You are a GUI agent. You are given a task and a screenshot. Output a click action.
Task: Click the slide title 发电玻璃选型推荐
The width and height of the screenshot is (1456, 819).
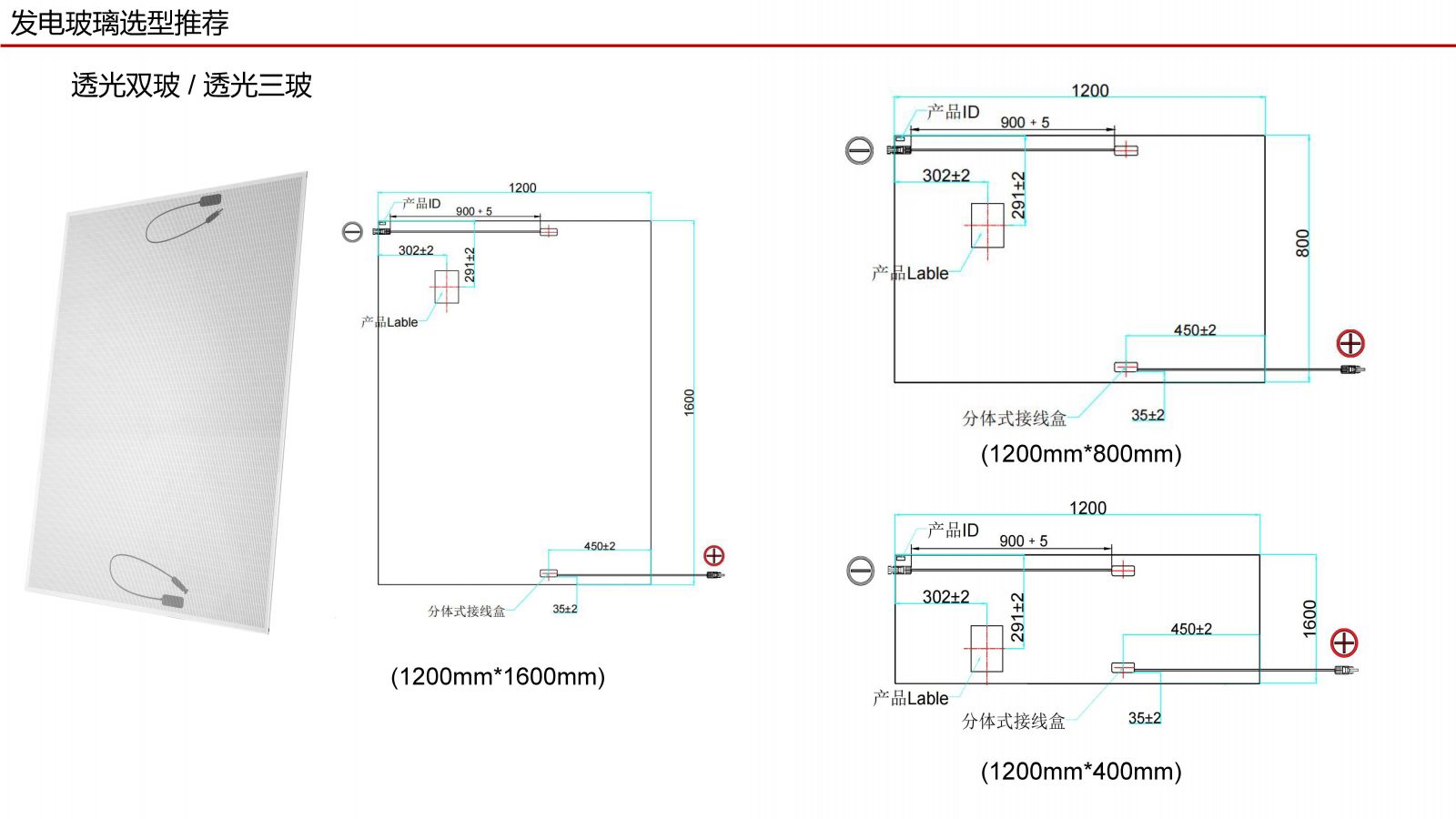point(119,23)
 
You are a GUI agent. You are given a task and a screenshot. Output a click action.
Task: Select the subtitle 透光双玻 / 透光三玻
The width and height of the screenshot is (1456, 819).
point(191,86)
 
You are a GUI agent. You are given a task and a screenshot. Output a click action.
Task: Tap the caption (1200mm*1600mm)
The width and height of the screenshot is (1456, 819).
point(498,676)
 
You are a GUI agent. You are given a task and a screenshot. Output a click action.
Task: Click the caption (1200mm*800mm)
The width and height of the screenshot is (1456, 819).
point(1081,453)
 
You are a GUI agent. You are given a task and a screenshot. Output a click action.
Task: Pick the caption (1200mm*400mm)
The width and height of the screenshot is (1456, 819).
point(1081,771)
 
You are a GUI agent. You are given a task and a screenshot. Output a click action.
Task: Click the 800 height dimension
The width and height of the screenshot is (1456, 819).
point(1302,243)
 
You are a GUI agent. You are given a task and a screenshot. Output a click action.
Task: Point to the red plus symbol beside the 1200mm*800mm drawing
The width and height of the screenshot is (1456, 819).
point(1350,343)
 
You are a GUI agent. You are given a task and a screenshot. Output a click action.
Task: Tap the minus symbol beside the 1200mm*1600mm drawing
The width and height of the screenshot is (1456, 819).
point(352,232)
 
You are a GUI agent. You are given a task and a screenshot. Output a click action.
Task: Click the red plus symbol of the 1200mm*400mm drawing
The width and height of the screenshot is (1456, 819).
point(1344,642)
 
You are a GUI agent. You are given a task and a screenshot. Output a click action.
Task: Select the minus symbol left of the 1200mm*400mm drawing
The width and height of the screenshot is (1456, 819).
point(860,571)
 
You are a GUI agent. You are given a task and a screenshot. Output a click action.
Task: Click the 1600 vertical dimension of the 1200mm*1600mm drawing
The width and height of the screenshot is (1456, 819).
point(689,402)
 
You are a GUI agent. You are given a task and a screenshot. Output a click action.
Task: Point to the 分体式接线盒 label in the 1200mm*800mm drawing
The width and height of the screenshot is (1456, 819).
point(1014,419)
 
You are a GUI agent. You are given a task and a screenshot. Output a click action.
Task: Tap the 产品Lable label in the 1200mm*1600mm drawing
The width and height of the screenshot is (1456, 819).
point(389,322)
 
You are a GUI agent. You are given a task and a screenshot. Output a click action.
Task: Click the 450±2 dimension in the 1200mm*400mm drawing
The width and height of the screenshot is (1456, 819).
point(1191,629)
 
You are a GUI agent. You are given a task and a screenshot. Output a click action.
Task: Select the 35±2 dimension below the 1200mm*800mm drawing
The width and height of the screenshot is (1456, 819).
point(1148,415)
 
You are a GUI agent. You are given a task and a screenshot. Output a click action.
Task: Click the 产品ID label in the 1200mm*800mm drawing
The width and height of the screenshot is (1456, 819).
point(954,112)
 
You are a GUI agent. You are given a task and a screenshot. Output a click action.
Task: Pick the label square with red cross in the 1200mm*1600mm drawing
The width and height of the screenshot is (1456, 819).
point(446,287)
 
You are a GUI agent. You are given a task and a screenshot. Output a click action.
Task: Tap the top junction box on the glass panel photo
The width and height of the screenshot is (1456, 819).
point(210,199)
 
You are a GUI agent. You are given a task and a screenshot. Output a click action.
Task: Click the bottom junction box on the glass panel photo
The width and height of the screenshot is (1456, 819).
point(172,601)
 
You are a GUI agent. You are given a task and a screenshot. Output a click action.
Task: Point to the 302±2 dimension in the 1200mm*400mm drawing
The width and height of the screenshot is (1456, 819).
point(946,597)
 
